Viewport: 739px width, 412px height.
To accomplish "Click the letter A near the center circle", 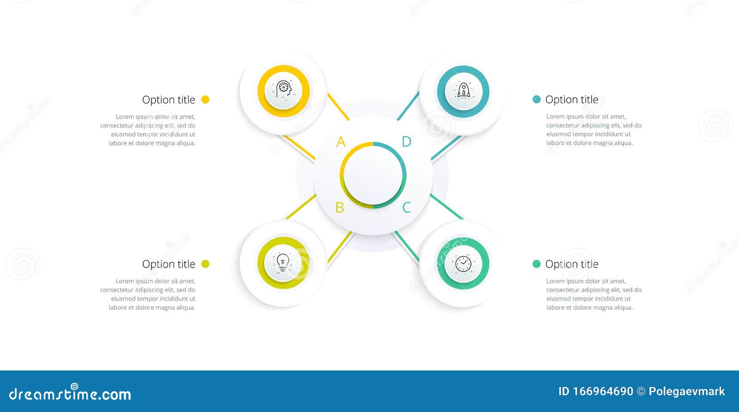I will pyautogui.click(x=341, y=142).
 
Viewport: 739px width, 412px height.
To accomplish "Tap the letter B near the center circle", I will pyautogui.click(x=340, y=208).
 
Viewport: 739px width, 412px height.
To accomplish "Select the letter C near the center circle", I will pyautogui.click(x=406, y=208).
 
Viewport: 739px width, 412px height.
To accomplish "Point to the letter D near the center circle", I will pyautogui.click(x=406, y=142).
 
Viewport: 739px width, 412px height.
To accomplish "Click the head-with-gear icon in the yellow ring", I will pyautogui.click(x=284, y=90).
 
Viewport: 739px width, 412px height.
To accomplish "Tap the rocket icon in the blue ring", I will pyautogui.click(x=463, y=90).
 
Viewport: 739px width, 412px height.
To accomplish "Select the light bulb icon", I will pyautogui.click(x=283, y=263).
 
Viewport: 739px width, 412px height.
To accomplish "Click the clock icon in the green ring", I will pyautogui.click(x=463, y=263).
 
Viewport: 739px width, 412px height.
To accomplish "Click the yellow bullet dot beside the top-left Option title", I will pyautogui.click(x=206, y=99).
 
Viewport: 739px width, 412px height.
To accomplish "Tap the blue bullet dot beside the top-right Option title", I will pyautogui.click(x=536, y=99).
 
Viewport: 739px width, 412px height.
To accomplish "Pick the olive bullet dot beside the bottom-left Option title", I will pyautogui.click(x=206, y=264).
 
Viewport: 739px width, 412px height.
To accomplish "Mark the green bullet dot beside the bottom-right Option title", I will pyautogui.click(x=536, y=264).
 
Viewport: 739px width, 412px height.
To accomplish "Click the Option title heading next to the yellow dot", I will pyautogui.click(x=169, y=100).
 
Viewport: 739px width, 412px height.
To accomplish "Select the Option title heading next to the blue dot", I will pyautogui.click(x=572, y=100).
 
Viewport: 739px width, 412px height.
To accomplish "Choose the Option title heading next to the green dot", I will pyautogui.click(x=572, y=264).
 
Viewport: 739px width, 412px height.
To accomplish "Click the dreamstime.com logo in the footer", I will pyautogui.click(x=70, y=394).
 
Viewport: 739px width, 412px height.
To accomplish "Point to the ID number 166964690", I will pyautogui.click(x=596, y=391).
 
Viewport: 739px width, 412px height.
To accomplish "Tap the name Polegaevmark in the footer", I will pyautogui.click(x=686, y=391).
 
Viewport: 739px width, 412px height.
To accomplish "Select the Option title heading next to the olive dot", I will pyautogui.click(x=169, y=264).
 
